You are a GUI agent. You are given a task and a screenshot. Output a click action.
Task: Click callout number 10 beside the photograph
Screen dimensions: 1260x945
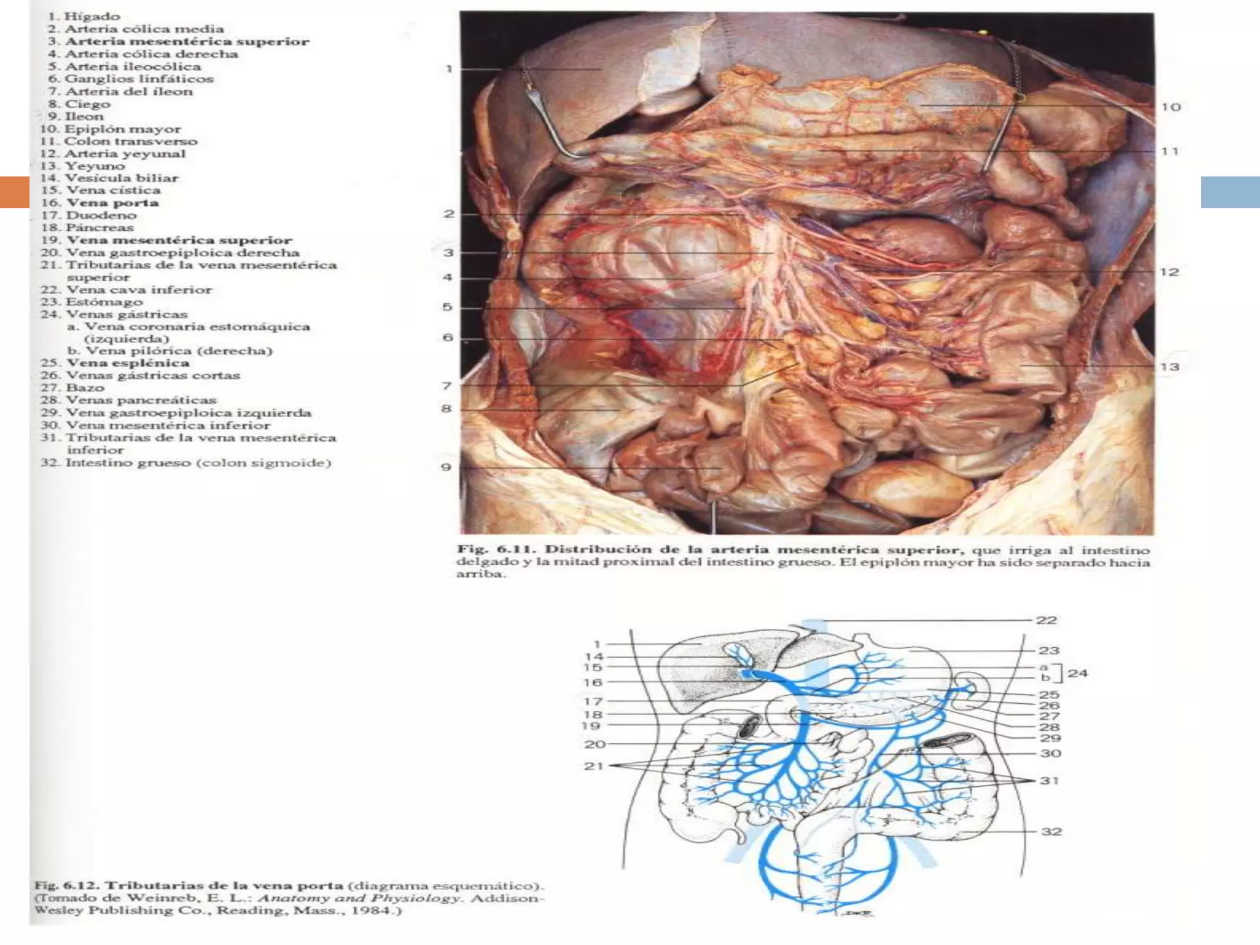coord(1171,107)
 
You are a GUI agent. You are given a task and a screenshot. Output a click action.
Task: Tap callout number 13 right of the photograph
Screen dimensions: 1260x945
coord(1170,367)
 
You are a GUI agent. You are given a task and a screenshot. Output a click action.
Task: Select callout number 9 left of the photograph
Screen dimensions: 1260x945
coord(447,467)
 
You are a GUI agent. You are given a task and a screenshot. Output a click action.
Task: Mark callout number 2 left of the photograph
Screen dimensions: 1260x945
coord(449,214)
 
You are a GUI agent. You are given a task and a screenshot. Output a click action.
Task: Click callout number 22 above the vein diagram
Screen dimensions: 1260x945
coord(1046,620)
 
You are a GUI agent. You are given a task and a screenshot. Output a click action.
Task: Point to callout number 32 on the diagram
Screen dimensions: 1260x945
coord(1051,832)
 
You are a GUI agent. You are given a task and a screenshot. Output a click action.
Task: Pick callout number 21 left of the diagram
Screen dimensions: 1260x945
coord(594,766)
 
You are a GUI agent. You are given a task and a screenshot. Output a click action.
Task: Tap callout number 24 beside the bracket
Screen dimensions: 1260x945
coord(1078,673)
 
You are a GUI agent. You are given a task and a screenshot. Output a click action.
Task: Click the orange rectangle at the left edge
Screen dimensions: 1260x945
coord(14,191)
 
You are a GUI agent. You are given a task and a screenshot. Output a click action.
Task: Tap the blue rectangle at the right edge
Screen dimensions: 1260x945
coord(1230,191)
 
